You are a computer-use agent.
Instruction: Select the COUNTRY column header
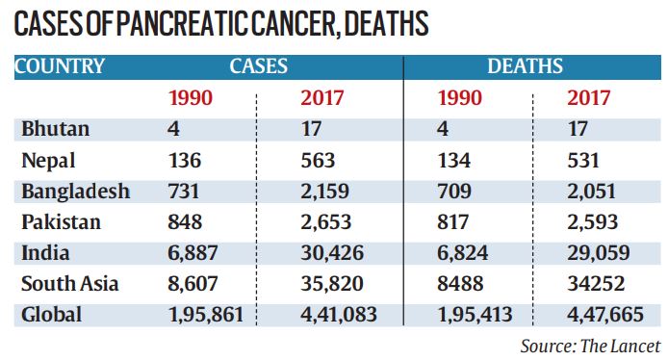click(x=60, y=66)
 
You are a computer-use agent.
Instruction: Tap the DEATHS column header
click(x=525, y=66)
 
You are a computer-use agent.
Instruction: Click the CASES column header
click(x=259, y=66)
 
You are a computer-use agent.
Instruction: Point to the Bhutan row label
click(x=56, y=129)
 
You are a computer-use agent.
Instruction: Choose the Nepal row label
click(x=48, y=161)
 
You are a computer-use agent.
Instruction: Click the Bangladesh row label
click(x=75, y=192)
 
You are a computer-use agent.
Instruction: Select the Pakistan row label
click(x=61, y=222)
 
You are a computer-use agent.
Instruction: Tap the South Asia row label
click(x=70, y=284)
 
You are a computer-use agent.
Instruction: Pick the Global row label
click(x=51, y=315)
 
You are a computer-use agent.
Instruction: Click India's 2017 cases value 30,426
click(x=332, y=253)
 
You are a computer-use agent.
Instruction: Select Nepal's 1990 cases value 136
click(x=185, y=161)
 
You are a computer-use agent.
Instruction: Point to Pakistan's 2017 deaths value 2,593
click(x=592, y=222)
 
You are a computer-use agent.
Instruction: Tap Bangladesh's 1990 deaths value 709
click(x=454, y=192)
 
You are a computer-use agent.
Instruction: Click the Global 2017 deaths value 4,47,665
click(x=604, y=315)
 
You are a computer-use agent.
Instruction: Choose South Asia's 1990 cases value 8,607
click(x=193, y=284)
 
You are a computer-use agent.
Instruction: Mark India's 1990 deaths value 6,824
click(x=463, y=253)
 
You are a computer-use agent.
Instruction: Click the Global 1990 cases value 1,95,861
click(x=206, y=315)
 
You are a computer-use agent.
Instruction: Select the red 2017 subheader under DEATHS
click(x=588, y=98)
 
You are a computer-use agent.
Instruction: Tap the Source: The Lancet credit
click(x=590, y=346)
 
